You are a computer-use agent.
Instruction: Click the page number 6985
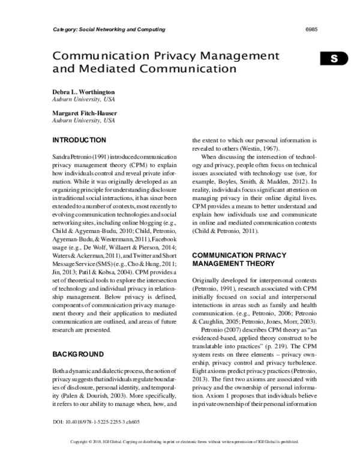(x=311, y=29)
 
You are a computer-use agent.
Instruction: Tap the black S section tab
(x=334, y=58)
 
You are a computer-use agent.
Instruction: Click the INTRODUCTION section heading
(x=80, y=140)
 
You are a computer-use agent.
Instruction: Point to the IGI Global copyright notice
(x=179, y=458)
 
